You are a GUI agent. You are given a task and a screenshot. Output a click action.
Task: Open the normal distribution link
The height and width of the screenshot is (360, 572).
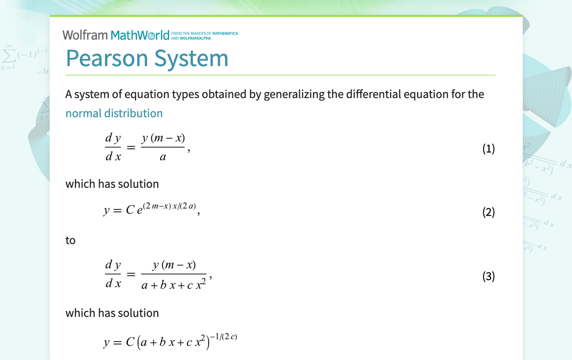coord(114,113)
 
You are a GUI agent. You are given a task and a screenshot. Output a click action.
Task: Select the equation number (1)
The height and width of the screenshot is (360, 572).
coord(488,149)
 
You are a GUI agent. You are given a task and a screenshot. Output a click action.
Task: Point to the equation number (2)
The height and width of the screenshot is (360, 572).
coord(488,212)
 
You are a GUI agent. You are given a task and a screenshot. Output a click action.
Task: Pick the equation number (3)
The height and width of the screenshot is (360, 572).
coord(488,276)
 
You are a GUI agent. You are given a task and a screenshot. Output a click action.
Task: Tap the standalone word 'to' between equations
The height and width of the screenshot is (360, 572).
coord(71,241)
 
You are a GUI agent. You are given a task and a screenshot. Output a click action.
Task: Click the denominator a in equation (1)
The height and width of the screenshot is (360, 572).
coord(163,157)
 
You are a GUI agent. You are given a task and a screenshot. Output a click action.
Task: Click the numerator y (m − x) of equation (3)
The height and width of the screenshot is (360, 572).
coord(174,265)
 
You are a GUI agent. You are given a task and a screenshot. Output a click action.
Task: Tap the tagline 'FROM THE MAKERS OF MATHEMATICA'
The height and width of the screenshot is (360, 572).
coord(204,33)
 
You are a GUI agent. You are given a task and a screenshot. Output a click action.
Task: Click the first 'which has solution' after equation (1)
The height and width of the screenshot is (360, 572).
coord(112,184)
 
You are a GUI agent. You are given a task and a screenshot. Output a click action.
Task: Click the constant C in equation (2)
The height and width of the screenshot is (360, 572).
coord(130,210)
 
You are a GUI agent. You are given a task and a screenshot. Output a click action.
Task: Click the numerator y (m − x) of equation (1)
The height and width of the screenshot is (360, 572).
coord(163,138)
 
